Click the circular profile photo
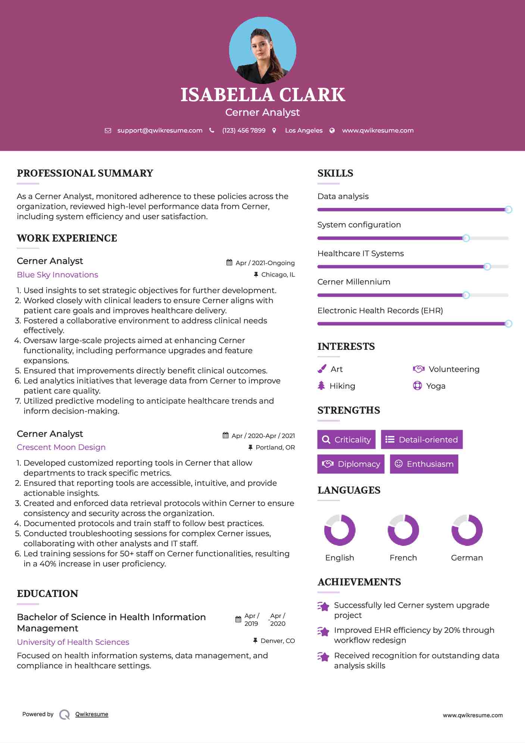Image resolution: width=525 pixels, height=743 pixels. click(262, 50)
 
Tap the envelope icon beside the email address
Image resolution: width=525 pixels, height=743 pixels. click(108, 131)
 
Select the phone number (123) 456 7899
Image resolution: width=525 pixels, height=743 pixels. click(244, 131)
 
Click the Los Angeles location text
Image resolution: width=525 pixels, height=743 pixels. click(304, 131)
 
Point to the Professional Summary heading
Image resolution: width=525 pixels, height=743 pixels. click(85, 173)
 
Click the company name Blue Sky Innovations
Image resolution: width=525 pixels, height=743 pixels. click(57, 275)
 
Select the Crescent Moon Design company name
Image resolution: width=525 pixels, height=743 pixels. click(61, 447)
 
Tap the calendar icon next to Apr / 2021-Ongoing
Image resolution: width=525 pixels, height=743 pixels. click(229, 262)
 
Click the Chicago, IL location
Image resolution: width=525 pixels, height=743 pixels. click(278, 275)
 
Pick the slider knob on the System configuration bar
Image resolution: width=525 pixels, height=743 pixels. click(466, 238)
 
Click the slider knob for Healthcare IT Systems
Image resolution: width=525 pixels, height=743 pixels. click(487, 267)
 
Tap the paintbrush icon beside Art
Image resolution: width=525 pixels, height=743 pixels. click(322, 369)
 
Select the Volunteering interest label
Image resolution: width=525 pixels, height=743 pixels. click(454, 369)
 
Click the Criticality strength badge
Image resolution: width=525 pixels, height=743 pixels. click(346, 439)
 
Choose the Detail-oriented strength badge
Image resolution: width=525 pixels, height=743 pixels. click(422, 439)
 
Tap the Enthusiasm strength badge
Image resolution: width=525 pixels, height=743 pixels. click(424, 464)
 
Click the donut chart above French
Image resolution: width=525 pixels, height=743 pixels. click(403, 530)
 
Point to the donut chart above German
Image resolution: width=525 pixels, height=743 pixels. click(467, 530)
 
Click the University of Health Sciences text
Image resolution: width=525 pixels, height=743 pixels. click(73, 642)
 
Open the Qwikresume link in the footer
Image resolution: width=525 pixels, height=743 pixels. click(92, 714)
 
